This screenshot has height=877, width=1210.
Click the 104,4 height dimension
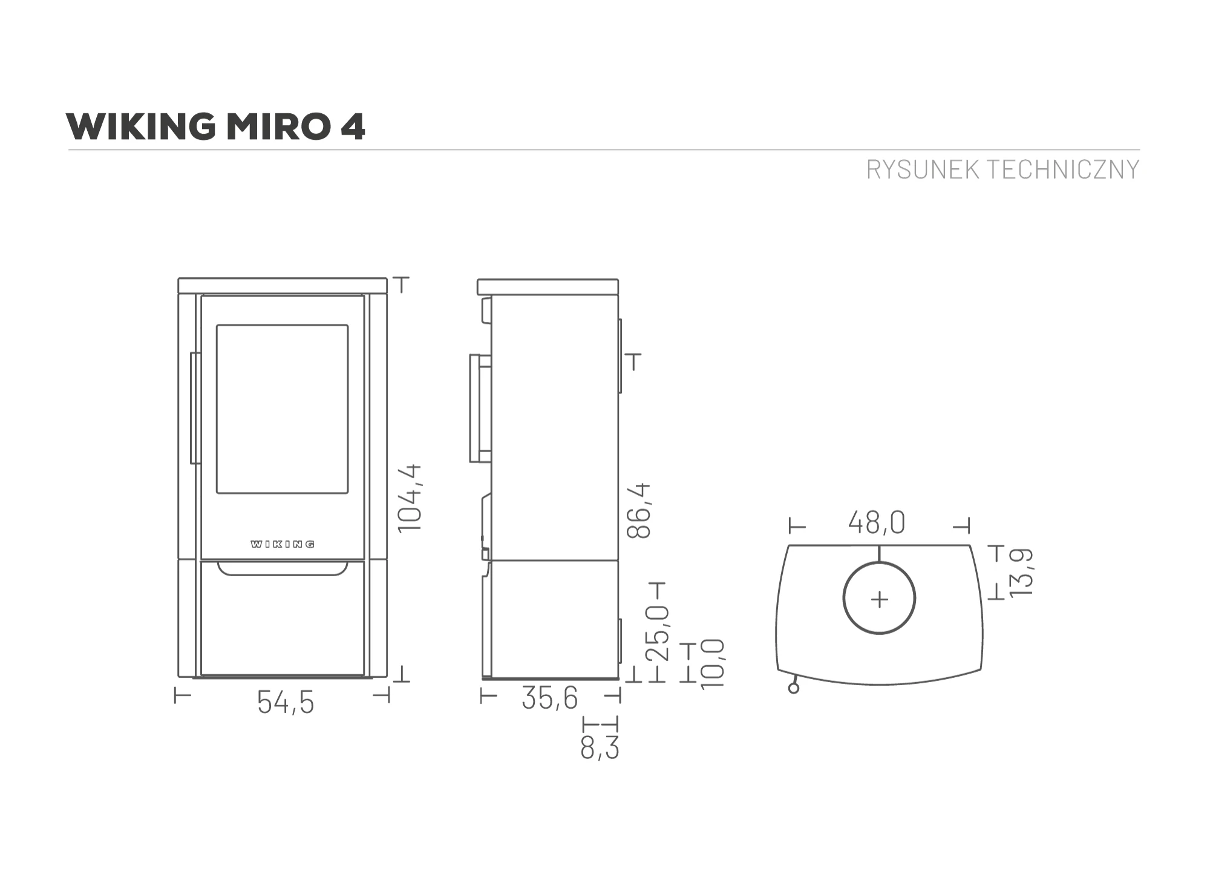tap(410, 498)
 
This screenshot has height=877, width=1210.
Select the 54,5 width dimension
tap(286, 703)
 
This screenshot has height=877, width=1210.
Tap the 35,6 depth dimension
tap(550, 698)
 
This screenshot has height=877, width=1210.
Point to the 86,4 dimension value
tap(639, 510)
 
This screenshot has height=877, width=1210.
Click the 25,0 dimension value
tap(658, 632)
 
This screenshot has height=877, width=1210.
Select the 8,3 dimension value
tap(600, 747)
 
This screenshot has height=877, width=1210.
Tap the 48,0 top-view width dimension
tap(877, 522)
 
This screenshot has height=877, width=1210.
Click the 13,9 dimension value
tap(1022, 572)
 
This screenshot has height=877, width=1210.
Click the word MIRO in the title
tap(277, 126)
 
